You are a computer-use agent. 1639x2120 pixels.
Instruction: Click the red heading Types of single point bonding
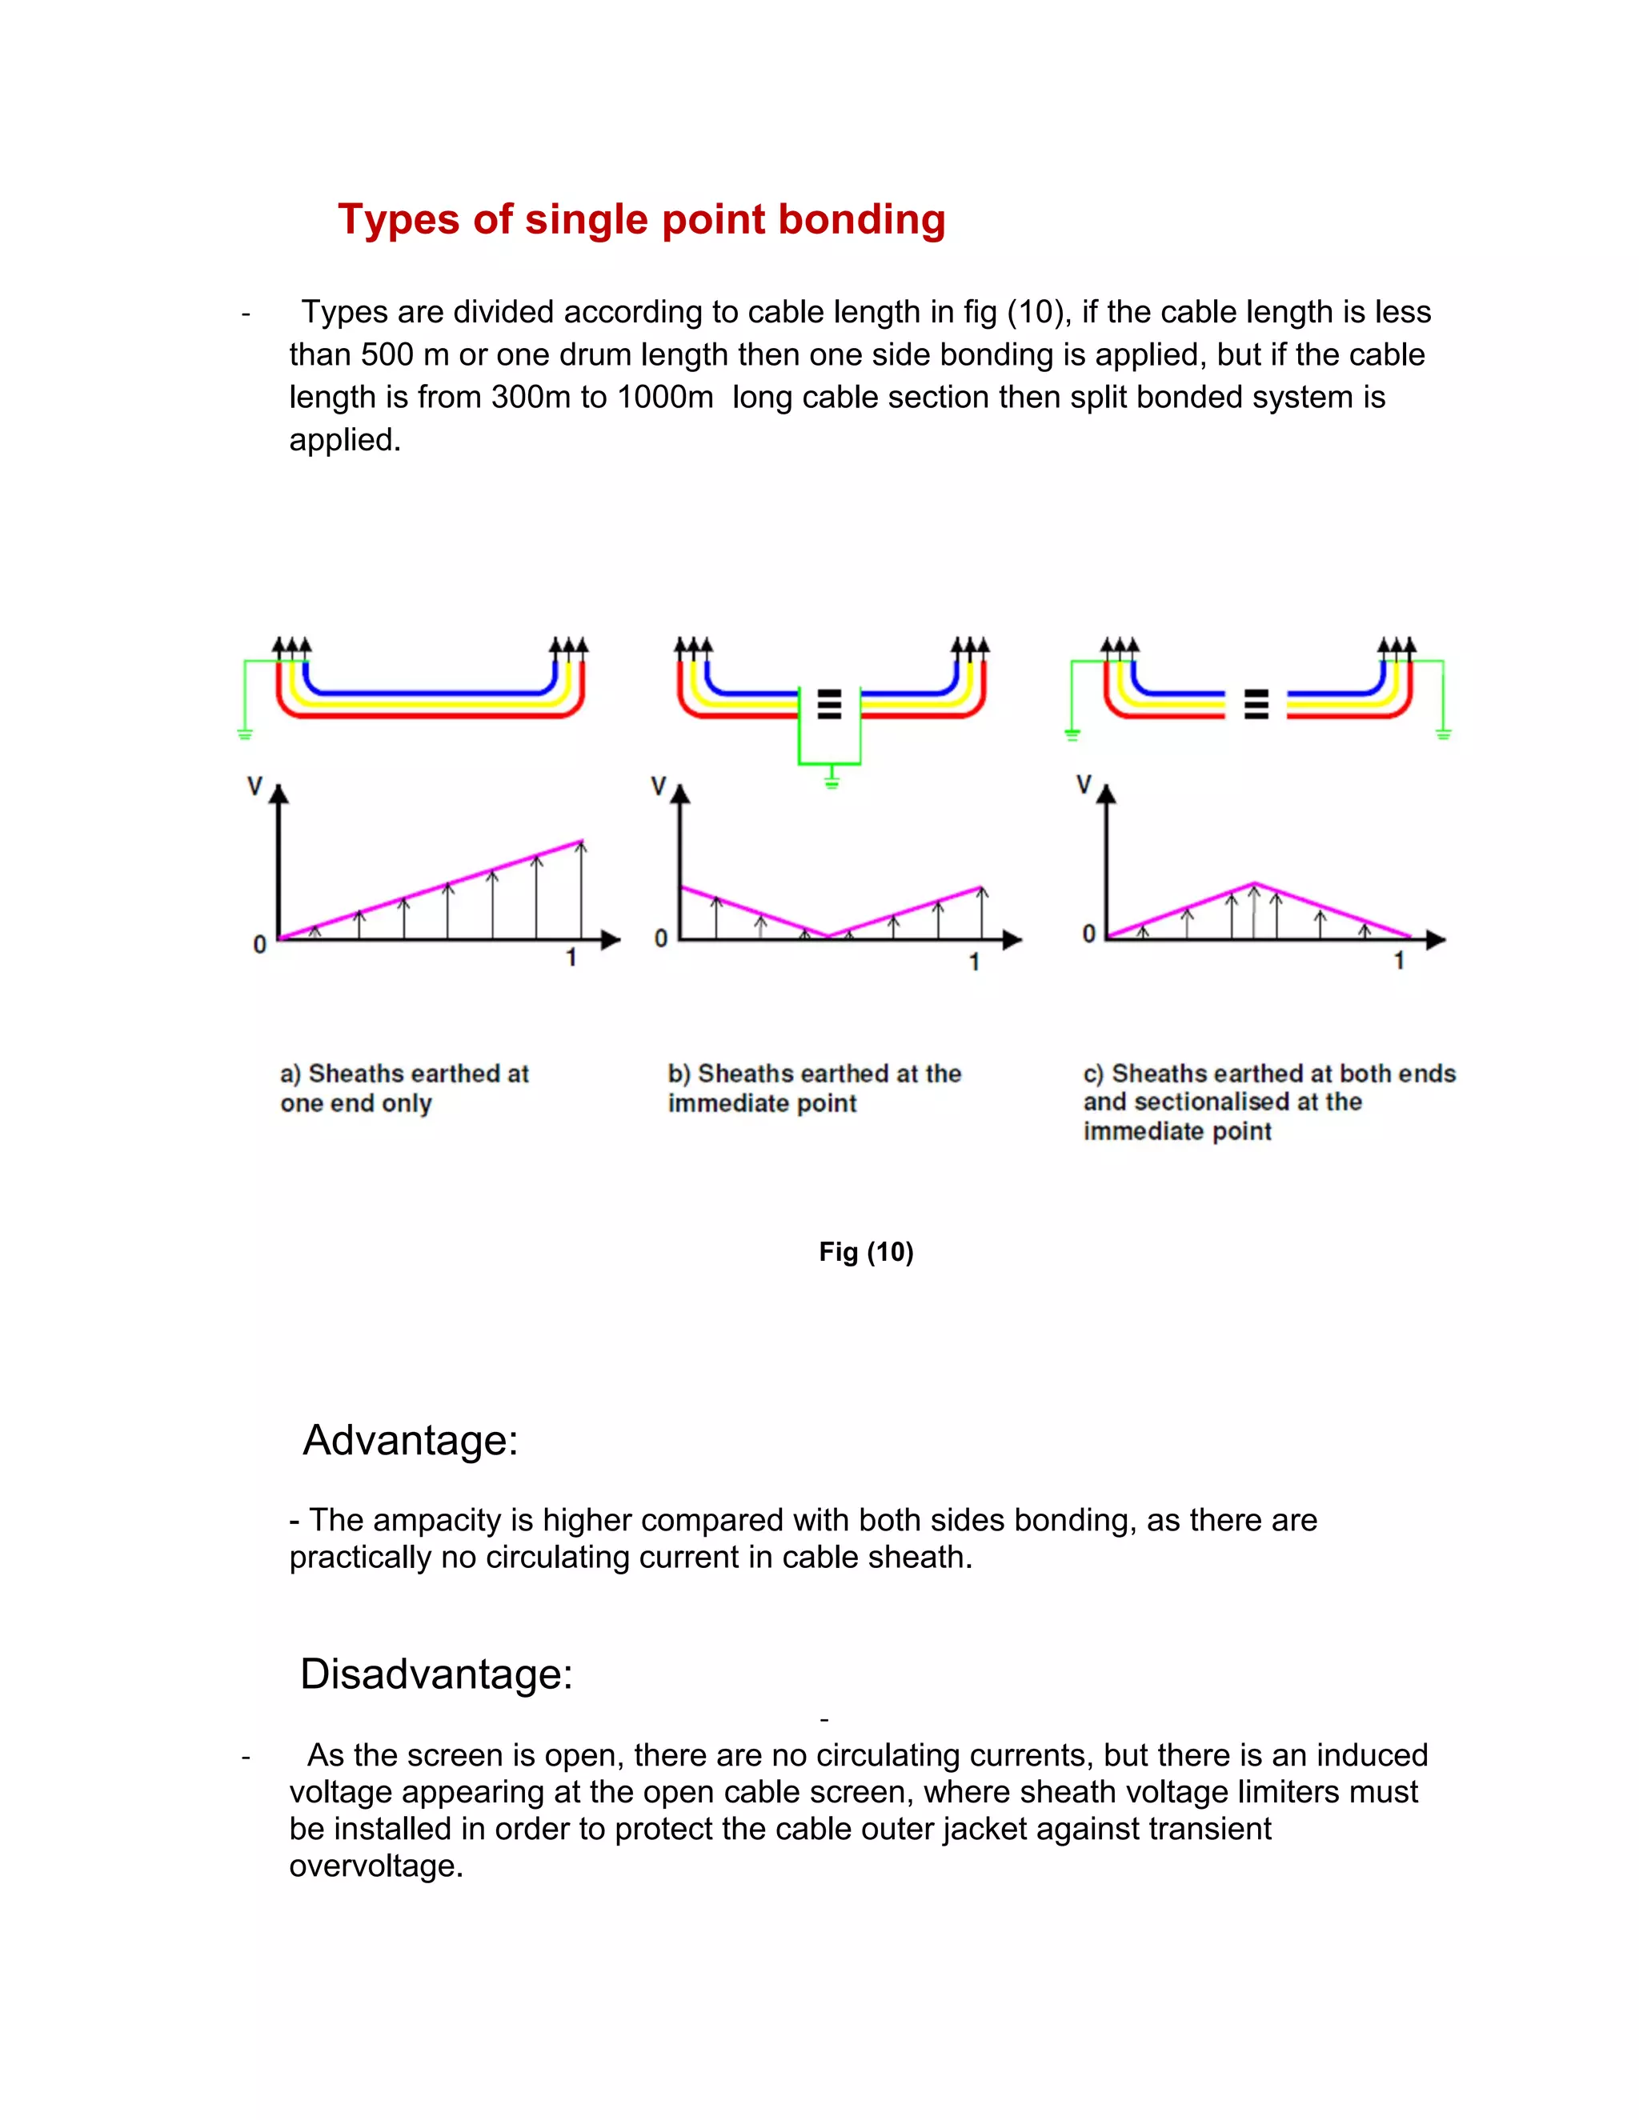pyautogui.click(x=641, y=219)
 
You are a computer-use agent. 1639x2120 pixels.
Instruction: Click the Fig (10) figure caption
pyautogui.click(x=865, y=1251)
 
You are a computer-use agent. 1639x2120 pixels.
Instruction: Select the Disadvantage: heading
pyautogui.click(x=436, y=1674)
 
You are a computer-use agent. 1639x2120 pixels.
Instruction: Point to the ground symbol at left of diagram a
pyautogui.click(x=245, y=733)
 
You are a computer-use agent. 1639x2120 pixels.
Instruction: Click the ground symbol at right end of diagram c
pyautogui.click(x=1443, y=733)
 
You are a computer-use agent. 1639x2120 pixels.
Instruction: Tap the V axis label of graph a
pyautogui.click(x=254, y=786)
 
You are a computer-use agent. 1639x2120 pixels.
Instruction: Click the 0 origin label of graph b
pyautogui.click(x=660, y=938)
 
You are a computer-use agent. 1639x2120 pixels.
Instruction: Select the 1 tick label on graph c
pyautogui.click(x=1398, y=960)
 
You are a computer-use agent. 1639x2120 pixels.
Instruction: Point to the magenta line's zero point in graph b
pyautogui.click(x=828, y=937)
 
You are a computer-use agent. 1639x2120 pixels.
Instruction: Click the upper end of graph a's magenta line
pyautogui.click(x=582, y=841)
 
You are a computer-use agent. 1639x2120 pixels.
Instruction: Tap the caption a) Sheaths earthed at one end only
pyautogui.click(x=403, y=1087)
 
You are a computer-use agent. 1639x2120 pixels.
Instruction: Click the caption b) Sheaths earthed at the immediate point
pyautogui.click(x=814, y=1087)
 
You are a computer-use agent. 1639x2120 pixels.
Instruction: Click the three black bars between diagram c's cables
pyautogui.click(x=1256, y=704)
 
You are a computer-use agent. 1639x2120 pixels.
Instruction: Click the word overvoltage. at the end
pyautogui.click(x=376, y=1866)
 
